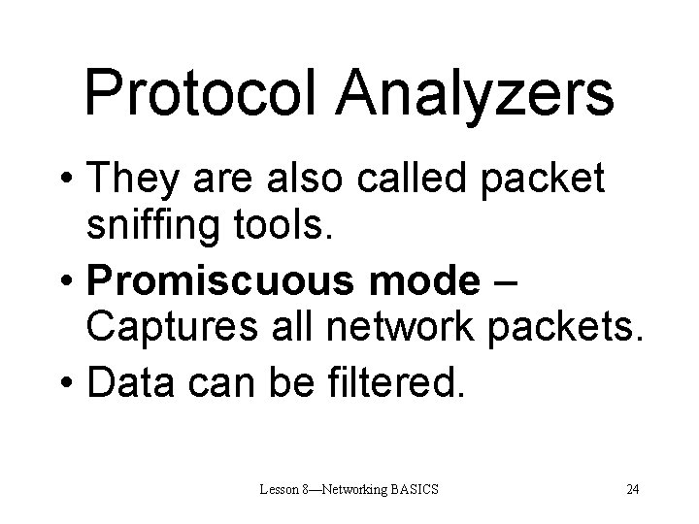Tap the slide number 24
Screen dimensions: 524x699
(x=633, y=488)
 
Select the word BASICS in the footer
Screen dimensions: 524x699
(x=416, y=488)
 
